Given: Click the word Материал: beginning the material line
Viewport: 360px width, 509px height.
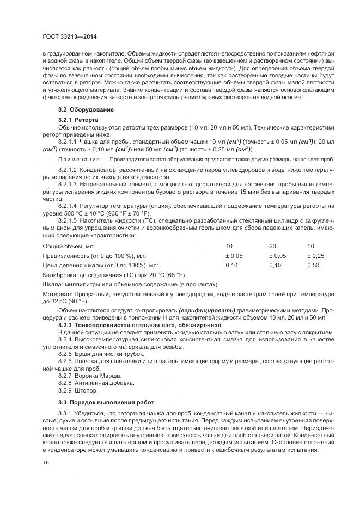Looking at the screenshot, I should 58,294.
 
